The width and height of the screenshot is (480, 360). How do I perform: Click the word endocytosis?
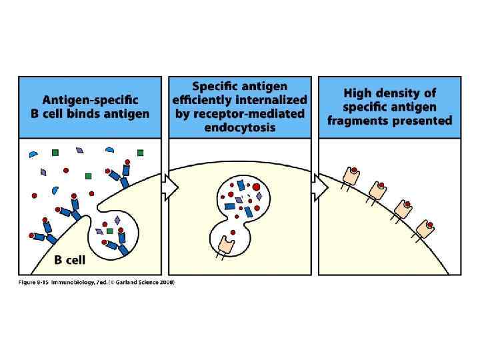240,127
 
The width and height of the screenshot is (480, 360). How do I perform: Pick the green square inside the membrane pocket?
109,231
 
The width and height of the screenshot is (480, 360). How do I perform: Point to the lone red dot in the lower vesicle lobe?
233,232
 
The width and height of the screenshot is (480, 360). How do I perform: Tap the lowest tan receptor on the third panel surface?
425,227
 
